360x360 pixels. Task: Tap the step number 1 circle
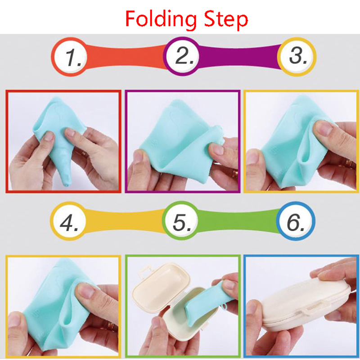[69, 57]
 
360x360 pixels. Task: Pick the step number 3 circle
[297, 57]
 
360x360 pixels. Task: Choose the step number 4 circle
[68, 221]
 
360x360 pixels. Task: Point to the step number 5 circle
[180, 220]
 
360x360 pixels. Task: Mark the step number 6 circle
[296, 221]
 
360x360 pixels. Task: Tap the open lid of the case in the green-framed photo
[160, 283]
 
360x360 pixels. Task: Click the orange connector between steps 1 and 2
[126, 57]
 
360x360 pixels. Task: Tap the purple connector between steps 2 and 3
[239, 57]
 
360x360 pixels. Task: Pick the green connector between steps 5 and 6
[238, 220]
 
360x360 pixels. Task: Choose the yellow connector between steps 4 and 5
[125, 220]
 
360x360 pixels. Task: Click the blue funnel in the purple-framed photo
[177, 142]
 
